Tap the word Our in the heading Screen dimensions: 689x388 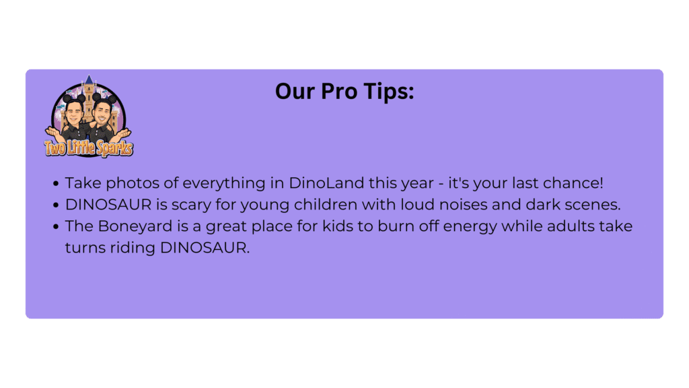point(295,91)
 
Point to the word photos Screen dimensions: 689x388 point(133,183)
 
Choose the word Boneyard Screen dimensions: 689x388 point(135,226)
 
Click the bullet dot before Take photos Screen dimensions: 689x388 point(56,183)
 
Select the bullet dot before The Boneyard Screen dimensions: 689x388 point(56,226)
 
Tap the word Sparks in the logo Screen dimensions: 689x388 point(114,148)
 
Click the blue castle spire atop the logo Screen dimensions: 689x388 point(89,79)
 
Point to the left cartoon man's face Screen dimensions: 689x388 point(74,113)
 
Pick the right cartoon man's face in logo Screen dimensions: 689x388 point(103,112)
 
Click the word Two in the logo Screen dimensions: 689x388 point(55,148)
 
